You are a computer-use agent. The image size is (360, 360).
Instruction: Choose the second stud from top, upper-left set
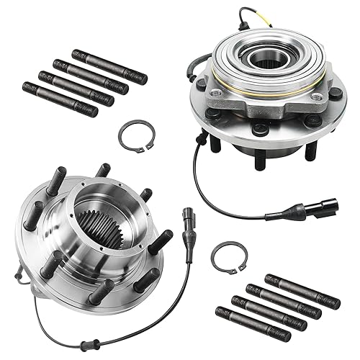[x=91, y=76]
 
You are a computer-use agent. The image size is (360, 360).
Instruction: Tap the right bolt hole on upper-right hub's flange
[x=335, y=94]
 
